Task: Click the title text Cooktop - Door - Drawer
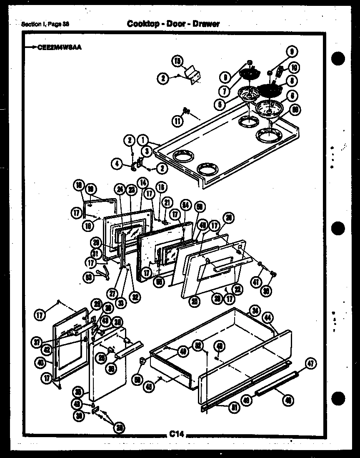173,24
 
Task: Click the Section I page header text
45,24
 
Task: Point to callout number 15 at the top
177,61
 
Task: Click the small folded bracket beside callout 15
194,76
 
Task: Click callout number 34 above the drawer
255,310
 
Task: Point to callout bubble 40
41,362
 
